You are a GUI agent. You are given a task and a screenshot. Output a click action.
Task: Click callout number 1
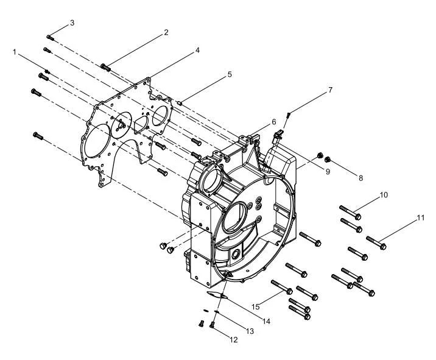point(15,52)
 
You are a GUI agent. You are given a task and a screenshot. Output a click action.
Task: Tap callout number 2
point(166,32)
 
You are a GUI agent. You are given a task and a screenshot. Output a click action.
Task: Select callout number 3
point(72,23)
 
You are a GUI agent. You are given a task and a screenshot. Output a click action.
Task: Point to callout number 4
point(197,50)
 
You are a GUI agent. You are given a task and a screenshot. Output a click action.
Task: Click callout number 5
point(230,74)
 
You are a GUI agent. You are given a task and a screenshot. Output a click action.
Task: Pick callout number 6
point(274,122)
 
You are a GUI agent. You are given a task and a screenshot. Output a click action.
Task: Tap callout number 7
point(330,90)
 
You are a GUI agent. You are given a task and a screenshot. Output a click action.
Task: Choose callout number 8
point(360,178)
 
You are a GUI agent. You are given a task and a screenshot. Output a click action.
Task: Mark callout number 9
point(328,172)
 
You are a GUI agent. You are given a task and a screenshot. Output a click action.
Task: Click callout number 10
point(384,195)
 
